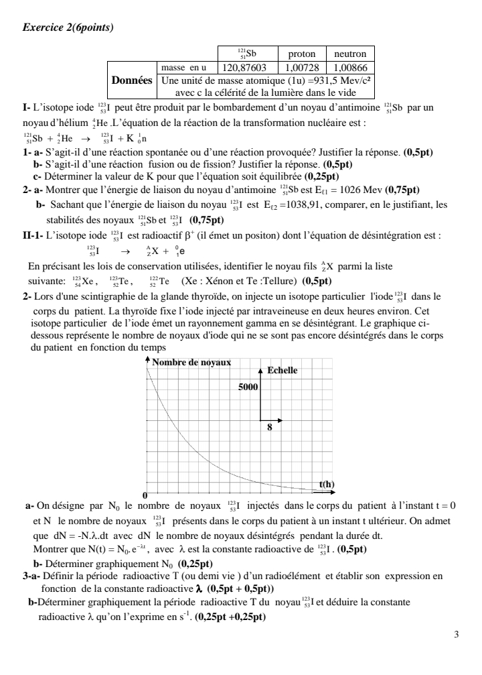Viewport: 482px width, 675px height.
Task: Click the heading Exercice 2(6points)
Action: tap(68, 27)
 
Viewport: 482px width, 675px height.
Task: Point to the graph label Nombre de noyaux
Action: tap(191, 362)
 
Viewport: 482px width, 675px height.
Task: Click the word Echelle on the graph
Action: tap(284, 371)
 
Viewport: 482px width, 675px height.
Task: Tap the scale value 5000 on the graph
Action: tap(248, 387)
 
